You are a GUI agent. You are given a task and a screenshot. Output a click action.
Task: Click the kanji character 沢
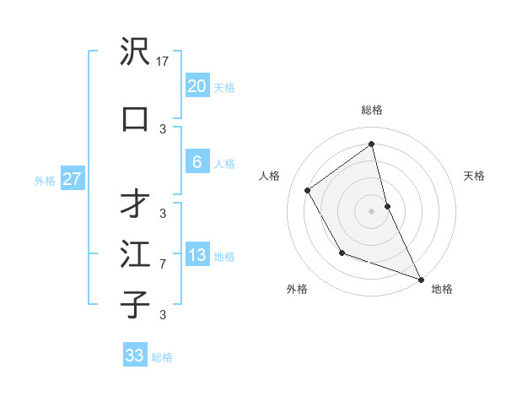pos(135,52)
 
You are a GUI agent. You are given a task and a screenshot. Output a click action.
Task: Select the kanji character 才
pos(135,204)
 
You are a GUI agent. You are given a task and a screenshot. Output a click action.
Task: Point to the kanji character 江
pos(135,254)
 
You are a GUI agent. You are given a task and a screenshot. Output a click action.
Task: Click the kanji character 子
pos(135,303)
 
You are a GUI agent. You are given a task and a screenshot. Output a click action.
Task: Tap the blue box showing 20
pos(196,86)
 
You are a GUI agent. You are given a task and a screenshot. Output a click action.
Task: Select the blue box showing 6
pos(196,162)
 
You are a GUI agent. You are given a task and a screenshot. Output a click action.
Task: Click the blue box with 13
pos(196,255)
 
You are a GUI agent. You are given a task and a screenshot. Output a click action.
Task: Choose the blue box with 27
pos(72,179)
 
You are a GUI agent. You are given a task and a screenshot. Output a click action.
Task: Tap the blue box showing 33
pos(135,356)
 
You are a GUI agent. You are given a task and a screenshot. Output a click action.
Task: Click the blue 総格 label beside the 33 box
pos(162,357)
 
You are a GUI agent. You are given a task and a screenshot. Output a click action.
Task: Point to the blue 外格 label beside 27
pos(44,180)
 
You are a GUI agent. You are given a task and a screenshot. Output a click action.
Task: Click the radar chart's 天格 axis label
pos(475,176)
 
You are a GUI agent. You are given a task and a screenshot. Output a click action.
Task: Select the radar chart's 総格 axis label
pos(372,110)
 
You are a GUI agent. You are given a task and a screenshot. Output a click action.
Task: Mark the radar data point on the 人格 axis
pos(308,190)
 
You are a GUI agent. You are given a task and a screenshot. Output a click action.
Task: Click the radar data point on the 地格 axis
pos(421,279)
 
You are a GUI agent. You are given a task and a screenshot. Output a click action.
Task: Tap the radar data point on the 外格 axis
pos(342,253)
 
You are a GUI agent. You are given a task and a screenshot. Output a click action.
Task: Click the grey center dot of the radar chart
pos(372,210)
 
